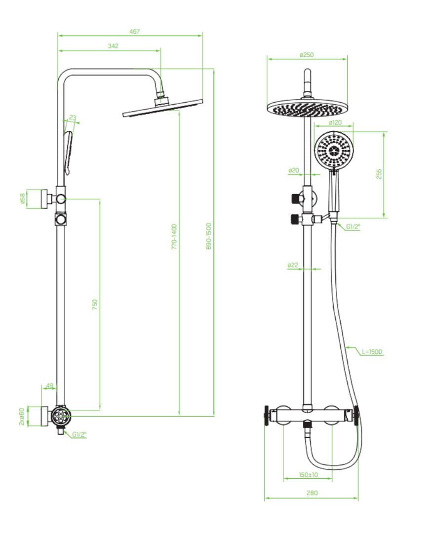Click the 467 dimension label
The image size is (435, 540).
point(135,31)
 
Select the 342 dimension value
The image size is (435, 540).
point(113,46)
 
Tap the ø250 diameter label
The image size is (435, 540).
point(307,55)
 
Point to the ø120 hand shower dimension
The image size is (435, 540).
point(335,122)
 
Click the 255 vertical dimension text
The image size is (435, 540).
point(379,174)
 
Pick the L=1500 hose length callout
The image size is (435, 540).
point(372,351)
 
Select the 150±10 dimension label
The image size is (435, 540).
point(309,475)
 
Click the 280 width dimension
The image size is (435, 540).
point(312,493)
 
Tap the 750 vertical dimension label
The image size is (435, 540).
point(95,305)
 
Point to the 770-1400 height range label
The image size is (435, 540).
point(174,236)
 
